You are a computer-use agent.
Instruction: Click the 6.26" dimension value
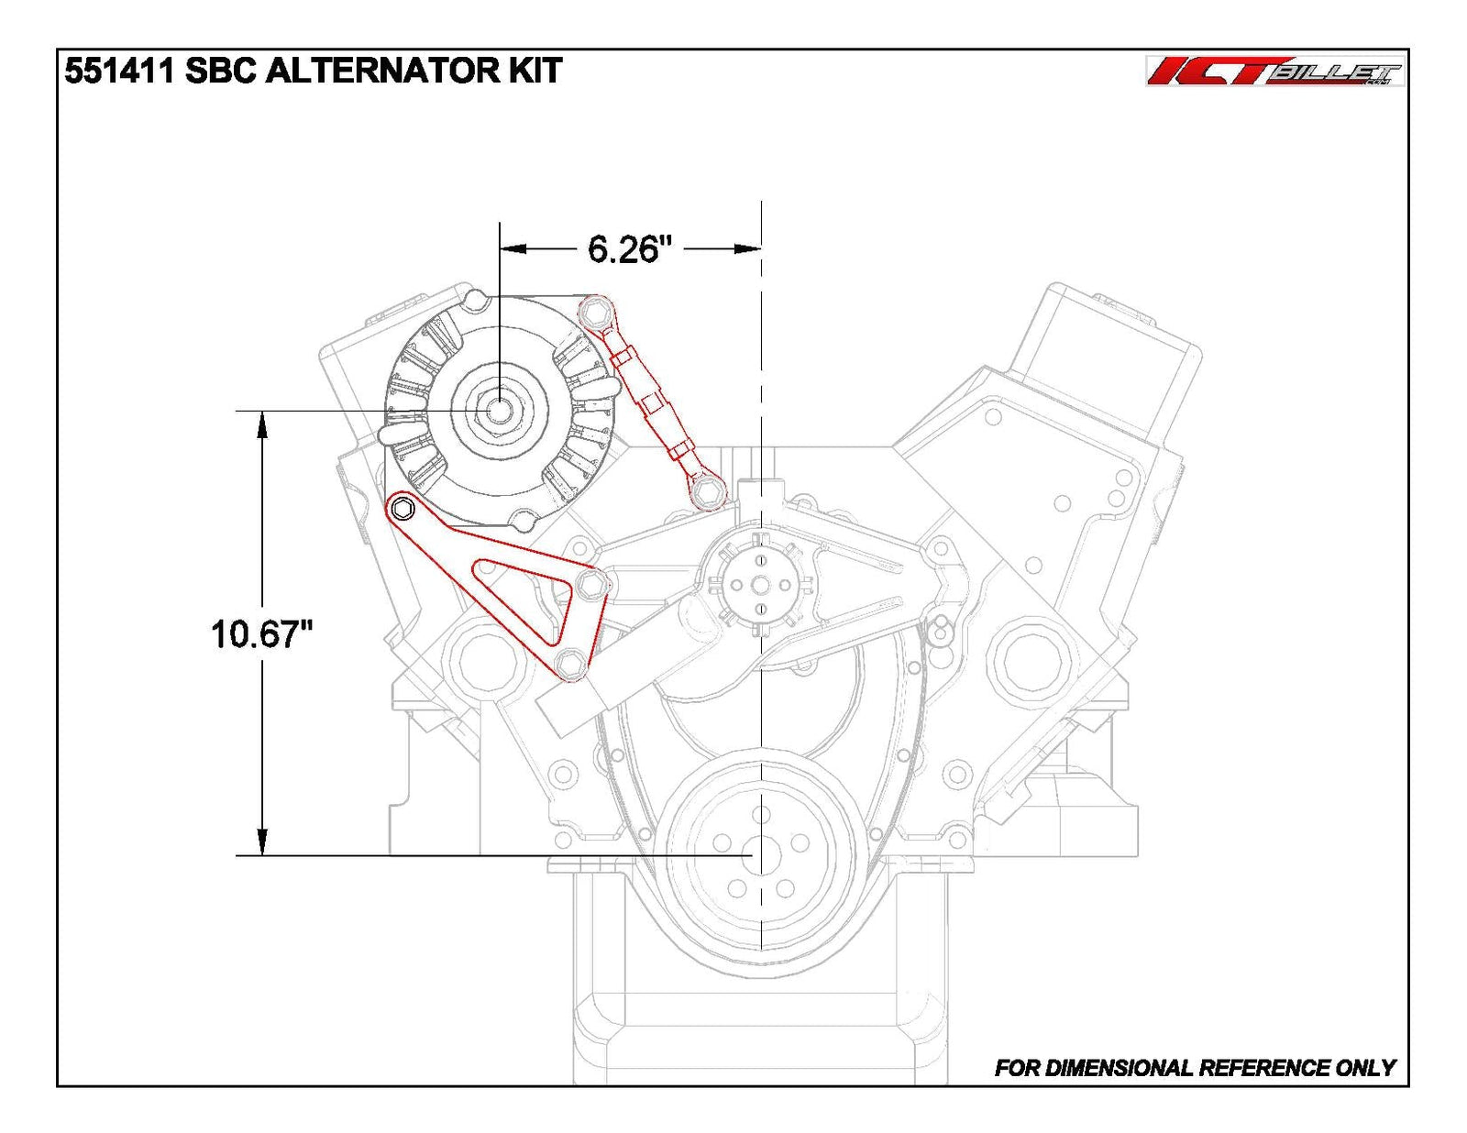[630, 248]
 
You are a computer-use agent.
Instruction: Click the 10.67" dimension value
[262, 633]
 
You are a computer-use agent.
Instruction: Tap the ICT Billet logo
[1274, 71]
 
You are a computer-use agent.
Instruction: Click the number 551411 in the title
[119, 71]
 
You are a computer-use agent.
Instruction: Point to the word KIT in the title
[535, 71]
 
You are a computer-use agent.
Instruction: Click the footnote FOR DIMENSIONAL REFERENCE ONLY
[1195, 1067]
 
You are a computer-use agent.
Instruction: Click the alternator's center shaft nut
[498, 409]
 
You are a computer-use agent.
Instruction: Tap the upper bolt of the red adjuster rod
[595, 313]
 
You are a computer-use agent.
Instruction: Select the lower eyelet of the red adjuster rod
[707, 493]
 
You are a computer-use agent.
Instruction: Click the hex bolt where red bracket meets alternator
[403, 509]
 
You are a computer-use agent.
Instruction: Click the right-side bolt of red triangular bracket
[592, 583]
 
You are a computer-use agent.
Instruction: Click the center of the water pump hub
[760, 584]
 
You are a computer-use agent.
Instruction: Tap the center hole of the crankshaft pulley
[760, 856]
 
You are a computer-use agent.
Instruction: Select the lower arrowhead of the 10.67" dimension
[262, 843]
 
